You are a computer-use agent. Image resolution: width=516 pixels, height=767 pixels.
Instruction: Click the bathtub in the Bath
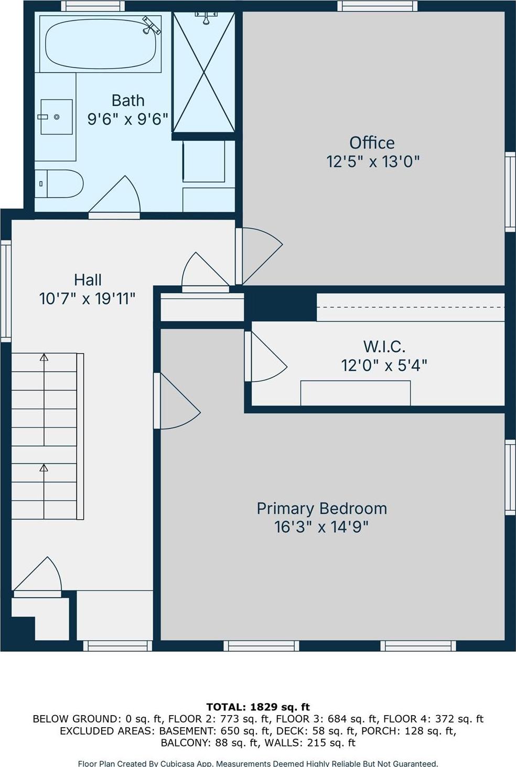(x=100, y=43)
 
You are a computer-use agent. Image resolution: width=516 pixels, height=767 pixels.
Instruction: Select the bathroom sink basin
(x=56, y=117)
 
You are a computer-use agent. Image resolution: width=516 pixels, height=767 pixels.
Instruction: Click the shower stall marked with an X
(x=203, y=72)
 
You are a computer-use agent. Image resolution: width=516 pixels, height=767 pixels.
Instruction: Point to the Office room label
(x=372, y=143)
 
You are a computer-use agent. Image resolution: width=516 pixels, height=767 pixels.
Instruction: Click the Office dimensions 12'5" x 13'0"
(x=373, y=161)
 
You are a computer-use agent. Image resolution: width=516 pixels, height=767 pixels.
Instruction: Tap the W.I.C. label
(x=384, y=346)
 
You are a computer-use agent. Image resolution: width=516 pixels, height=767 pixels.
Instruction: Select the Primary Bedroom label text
(x=321, y=508)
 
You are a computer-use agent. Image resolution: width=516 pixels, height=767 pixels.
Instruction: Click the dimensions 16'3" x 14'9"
(x=321, y=527)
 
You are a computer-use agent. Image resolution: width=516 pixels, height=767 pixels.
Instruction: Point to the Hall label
(x=88, y=280)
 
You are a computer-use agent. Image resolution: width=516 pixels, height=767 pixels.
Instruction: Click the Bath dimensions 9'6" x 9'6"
(x=127, y=119)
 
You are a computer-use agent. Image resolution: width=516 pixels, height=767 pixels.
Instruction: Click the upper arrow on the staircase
(x=44, y=357)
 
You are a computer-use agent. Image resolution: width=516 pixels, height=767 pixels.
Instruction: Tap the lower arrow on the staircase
(x=44, y=467)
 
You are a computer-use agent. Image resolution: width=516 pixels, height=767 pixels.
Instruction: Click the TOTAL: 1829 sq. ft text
(x=258, y=707)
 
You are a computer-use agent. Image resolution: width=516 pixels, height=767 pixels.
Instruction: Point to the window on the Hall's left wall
(x=6, y=291)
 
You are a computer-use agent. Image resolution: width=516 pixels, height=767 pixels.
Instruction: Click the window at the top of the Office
(x=377, y=6)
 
